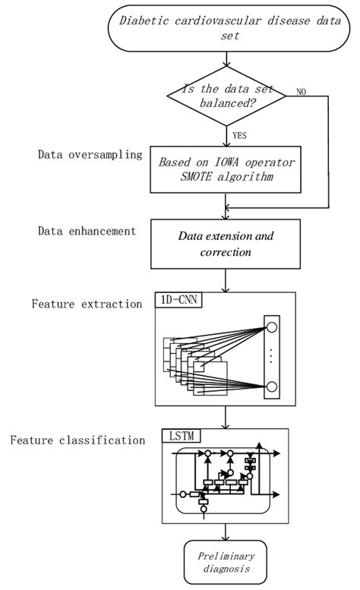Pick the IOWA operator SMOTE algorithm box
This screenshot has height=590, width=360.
226,170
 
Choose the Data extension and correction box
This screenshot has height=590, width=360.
226,244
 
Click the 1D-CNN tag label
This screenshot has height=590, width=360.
178,300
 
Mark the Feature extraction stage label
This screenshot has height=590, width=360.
87,304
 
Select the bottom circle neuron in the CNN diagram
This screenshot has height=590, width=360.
271,388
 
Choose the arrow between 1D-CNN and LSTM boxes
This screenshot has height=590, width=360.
226,418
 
